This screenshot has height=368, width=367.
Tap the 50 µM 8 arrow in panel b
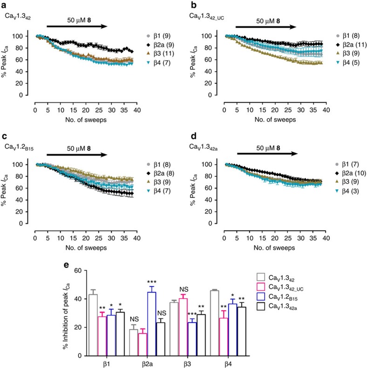265,27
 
